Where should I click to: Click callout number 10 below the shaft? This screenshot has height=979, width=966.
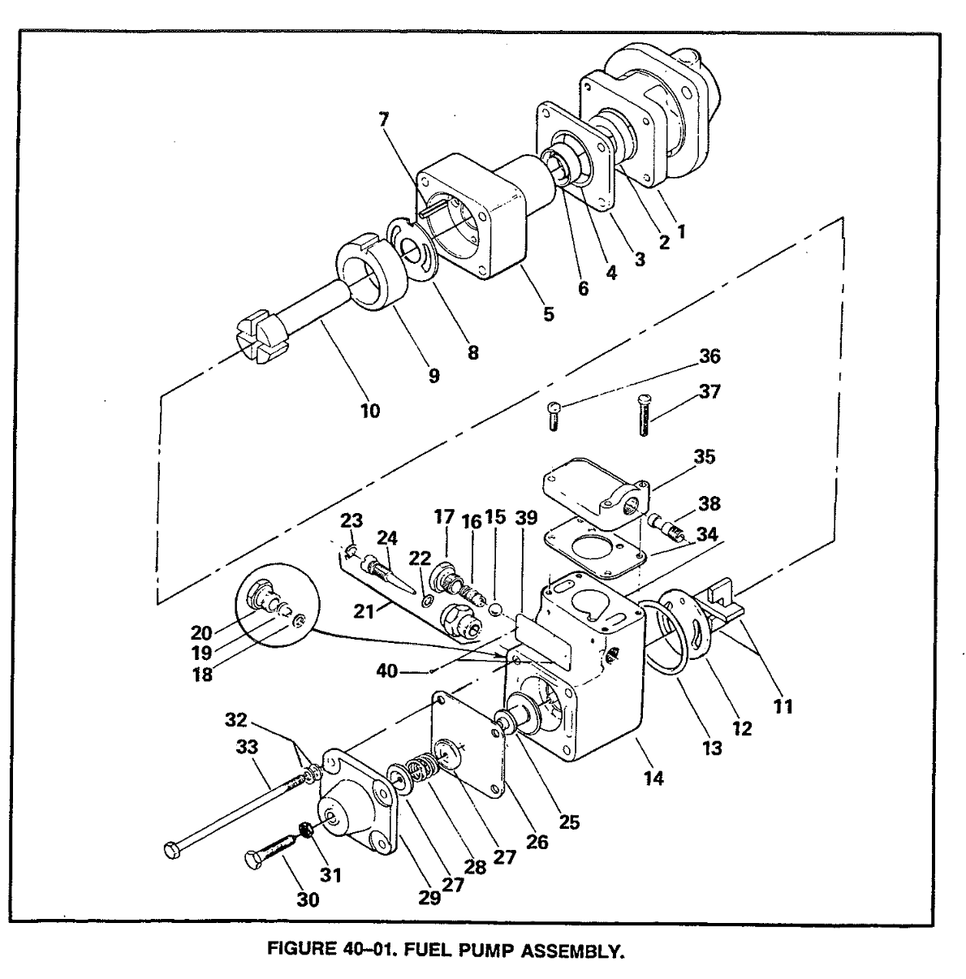[x=369, y=411]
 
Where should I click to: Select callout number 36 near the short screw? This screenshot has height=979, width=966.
[x=709, y=356]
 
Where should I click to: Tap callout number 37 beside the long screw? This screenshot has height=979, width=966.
[x=709, y=392]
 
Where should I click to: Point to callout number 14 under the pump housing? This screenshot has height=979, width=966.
[x=653, y=778]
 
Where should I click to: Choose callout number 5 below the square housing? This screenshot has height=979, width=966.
[x=549, y=313]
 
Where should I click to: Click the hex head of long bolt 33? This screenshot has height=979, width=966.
[x=170, y=850]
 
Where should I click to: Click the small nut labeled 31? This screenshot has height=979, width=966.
[x=308, y=830]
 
